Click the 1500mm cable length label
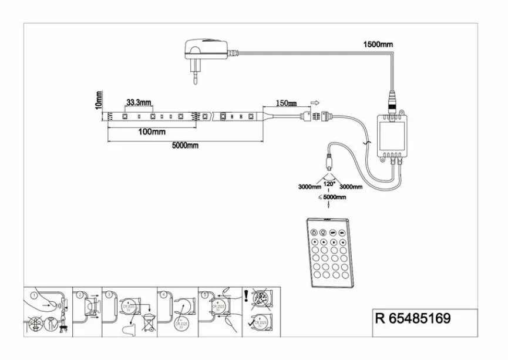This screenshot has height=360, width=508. click(378, 44)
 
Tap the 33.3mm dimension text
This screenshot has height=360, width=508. click(138, 102)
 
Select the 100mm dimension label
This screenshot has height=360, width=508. click(152, 132)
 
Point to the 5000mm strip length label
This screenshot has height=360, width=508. click(185, 146)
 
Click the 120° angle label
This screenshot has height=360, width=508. click(329, 183)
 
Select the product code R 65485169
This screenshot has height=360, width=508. click(413, 318)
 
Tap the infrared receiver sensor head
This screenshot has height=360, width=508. click(329, 159)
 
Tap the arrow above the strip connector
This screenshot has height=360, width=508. click(314, 102)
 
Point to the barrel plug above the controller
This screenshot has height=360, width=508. click(391, 101)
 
